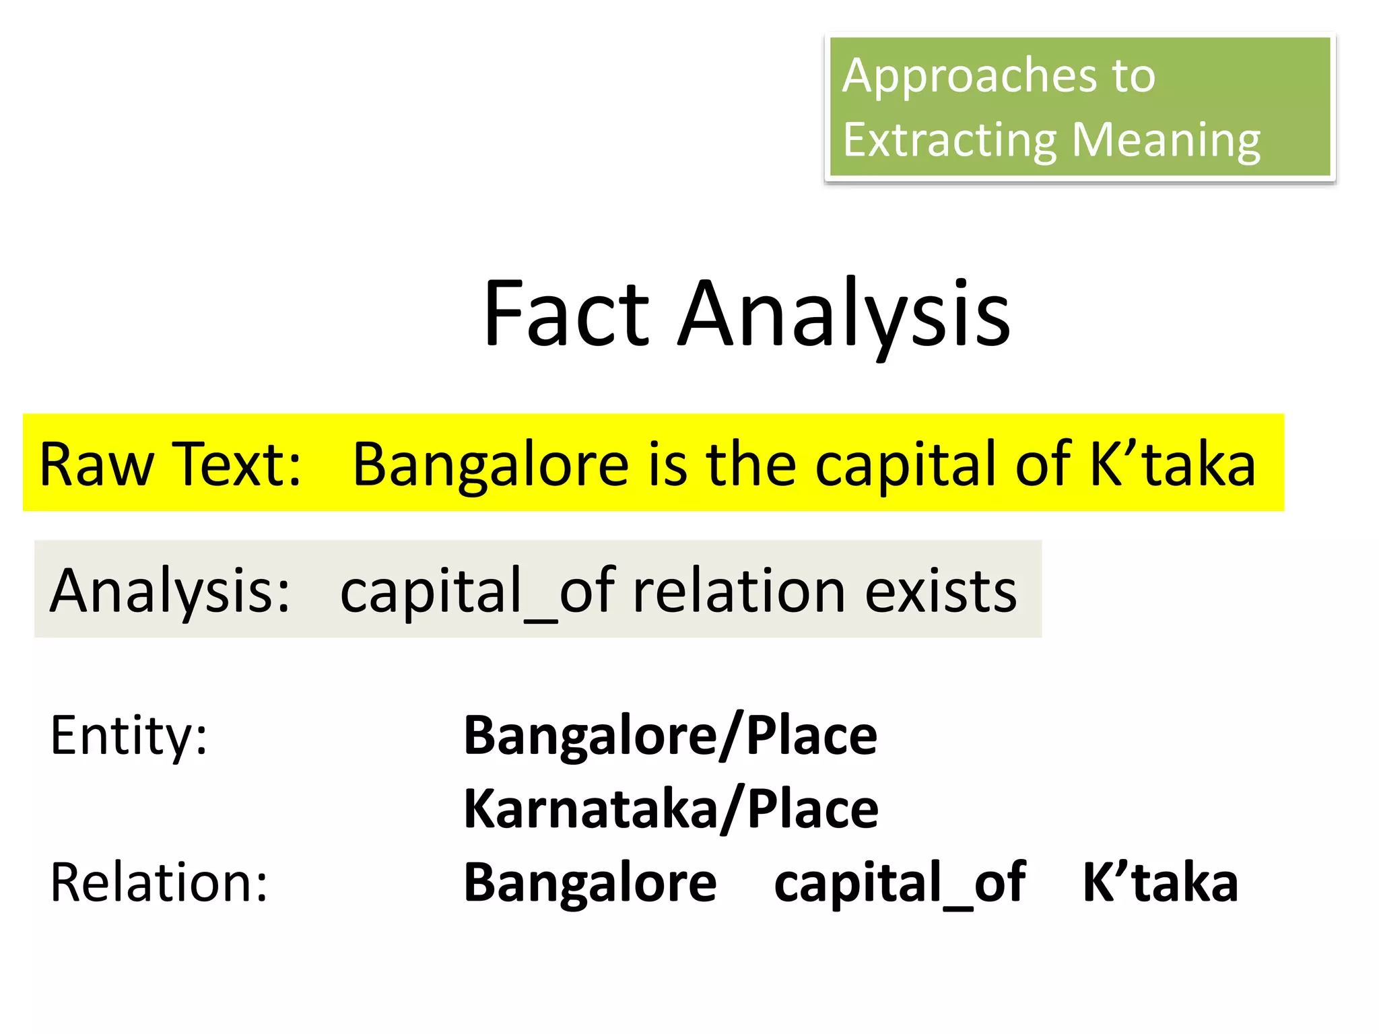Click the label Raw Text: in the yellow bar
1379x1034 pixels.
(x=170, y=464)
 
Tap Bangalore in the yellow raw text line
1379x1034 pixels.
(x=490, y=464)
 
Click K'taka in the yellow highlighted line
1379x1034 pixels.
(x=1172, y=464)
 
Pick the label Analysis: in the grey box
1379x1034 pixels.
(x=170, y=590)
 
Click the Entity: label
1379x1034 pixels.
(x=129, y=735)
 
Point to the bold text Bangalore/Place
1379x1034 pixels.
(x=671, y=735)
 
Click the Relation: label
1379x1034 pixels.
(x=159, y=882)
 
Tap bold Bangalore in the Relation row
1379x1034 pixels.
(x=591, y=882)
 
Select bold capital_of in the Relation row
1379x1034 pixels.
(x=900, y=882)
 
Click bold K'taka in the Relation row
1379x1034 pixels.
(x=1160, y=882)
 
